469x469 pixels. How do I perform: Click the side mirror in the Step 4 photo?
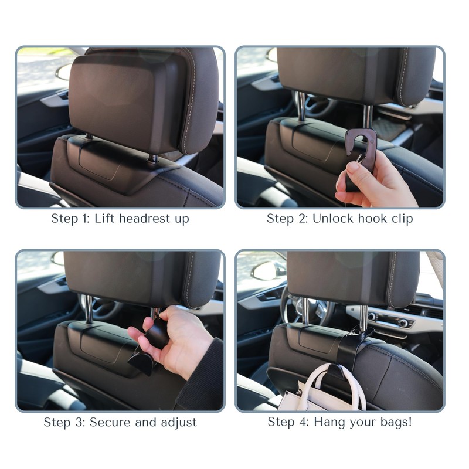click(267, 270)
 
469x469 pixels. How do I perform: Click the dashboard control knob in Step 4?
click(403, 322)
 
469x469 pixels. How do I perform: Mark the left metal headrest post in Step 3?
click(87, 308)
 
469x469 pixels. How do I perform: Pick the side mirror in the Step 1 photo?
click(63, 72)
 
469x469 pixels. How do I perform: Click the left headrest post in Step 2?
click(300, 106)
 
